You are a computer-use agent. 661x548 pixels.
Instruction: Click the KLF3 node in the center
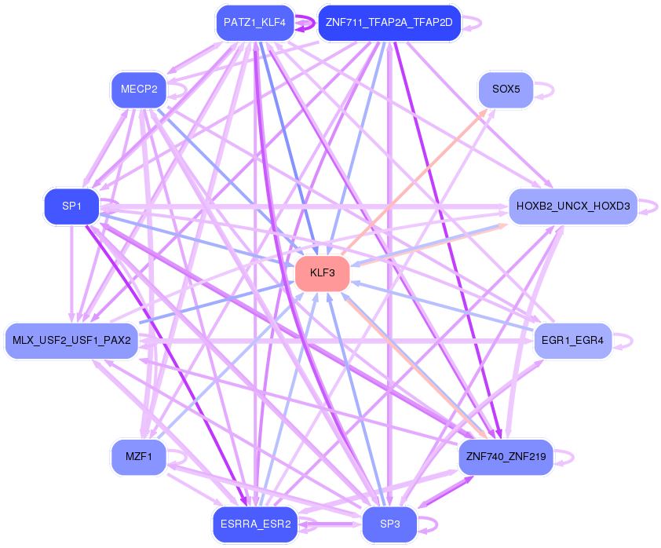click(322, 273)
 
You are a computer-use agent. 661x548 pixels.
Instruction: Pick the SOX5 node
click(506, 90)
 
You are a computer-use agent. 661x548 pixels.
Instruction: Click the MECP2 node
click(139, 90)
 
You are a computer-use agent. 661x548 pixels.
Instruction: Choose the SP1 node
click(71, 206)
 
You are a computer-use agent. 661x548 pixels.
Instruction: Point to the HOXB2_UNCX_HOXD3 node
click(572, 206)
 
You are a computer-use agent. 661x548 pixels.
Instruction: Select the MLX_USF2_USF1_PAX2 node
click(71, 341)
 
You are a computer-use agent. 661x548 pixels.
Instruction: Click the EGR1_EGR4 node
click(572, 341)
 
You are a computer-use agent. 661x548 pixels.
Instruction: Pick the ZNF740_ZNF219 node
click(506, 456)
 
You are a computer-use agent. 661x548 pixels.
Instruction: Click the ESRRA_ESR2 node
click(254, 524)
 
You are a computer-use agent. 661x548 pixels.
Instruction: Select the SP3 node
click(389, 524)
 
